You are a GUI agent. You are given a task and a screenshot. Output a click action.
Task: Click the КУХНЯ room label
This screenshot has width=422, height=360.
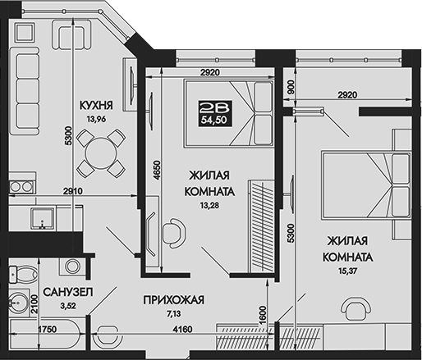pyautogui.click(x=96, y=106)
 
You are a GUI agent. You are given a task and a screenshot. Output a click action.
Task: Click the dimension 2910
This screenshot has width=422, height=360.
pyautogui.click(x=75, y=191)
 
